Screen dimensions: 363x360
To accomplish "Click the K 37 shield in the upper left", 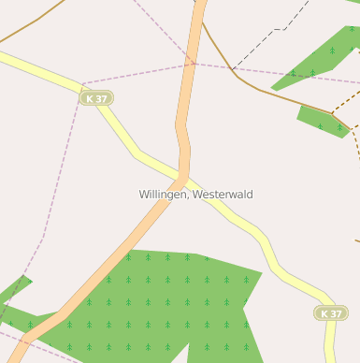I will pyautogui.click(x=95, y=98).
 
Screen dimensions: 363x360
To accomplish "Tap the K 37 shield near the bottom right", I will pyautogui.click(x=331, y=313).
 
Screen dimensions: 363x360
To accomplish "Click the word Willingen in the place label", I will pyautogui.click(x=164, y=195).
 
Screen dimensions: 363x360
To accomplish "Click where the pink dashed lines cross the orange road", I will pyautogui.click(x=193, y=64).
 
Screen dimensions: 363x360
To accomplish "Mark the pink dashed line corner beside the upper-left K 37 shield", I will pyautogui.click(x=81, y=84).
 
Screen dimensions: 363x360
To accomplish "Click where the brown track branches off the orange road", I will pyautogui.click(x=203, y=21).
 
